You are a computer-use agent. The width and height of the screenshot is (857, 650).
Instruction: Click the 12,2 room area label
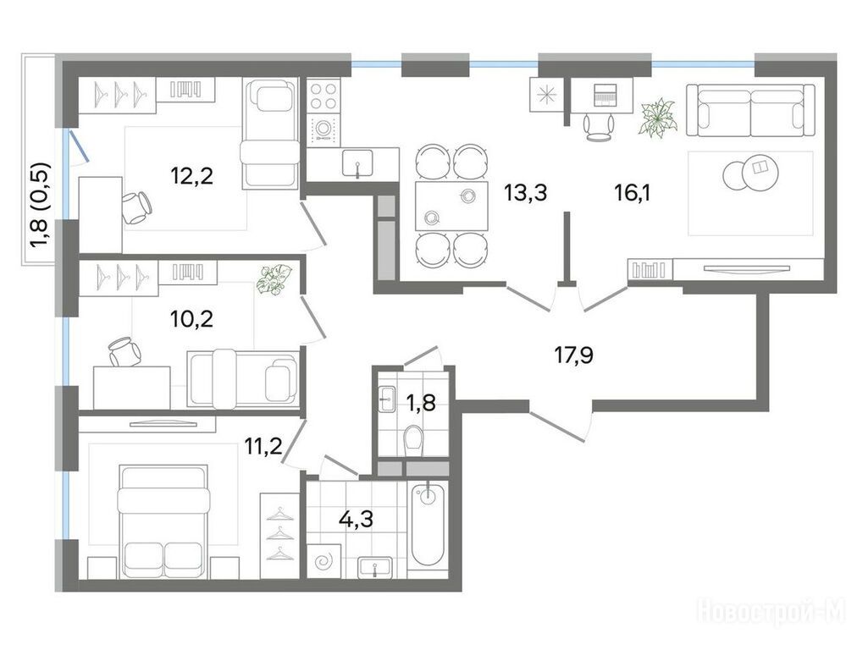click(x=191, y=176)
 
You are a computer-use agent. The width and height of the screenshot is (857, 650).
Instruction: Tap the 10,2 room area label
click(x=191, y=318)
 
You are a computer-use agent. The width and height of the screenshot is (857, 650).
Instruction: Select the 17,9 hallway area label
click(x=574, y=355)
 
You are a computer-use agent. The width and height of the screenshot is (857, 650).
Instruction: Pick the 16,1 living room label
click(x=633, y=193)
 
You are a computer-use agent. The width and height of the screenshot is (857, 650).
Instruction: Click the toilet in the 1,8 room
click(x=413, y=441)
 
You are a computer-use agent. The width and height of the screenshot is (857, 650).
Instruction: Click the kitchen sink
click(x=357, y=163)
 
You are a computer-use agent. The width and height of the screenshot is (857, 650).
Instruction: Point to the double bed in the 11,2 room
click(x=164, y=521)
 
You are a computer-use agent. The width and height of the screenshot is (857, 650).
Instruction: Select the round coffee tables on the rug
click(x=747, y=172)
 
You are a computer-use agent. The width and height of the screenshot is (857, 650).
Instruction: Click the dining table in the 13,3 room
click(x=451, y=206)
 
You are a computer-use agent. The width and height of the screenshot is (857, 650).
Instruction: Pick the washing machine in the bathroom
click(x=324, y=560)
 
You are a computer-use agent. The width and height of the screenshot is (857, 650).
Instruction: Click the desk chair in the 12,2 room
click(x=137, y=207)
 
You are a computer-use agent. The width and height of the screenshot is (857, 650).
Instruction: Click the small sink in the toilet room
click(x=387, y=399)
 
